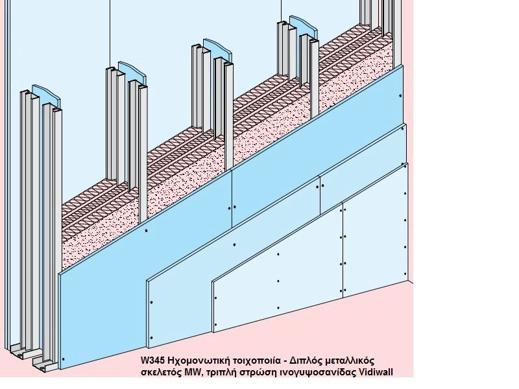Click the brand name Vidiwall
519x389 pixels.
point(376,372)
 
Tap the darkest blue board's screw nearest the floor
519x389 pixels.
point(64,359)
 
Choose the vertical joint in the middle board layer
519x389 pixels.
point(320,194)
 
